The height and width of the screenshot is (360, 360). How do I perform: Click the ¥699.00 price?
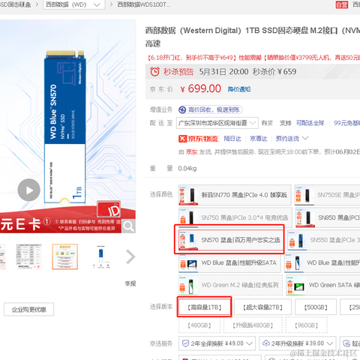pos(203,88)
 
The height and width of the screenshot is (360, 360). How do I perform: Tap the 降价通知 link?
pos(241,89)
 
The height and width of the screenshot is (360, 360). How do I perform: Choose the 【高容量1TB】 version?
pos(204,307)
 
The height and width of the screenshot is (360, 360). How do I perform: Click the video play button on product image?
pos(28,190)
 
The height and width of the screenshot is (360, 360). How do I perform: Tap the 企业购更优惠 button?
pos(28,309)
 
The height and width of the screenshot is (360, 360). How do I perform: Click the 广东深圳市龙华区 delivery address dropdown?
pos(217,123)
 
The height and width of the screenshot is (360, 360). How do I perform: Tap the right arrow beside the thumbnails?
pos(130,256)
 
